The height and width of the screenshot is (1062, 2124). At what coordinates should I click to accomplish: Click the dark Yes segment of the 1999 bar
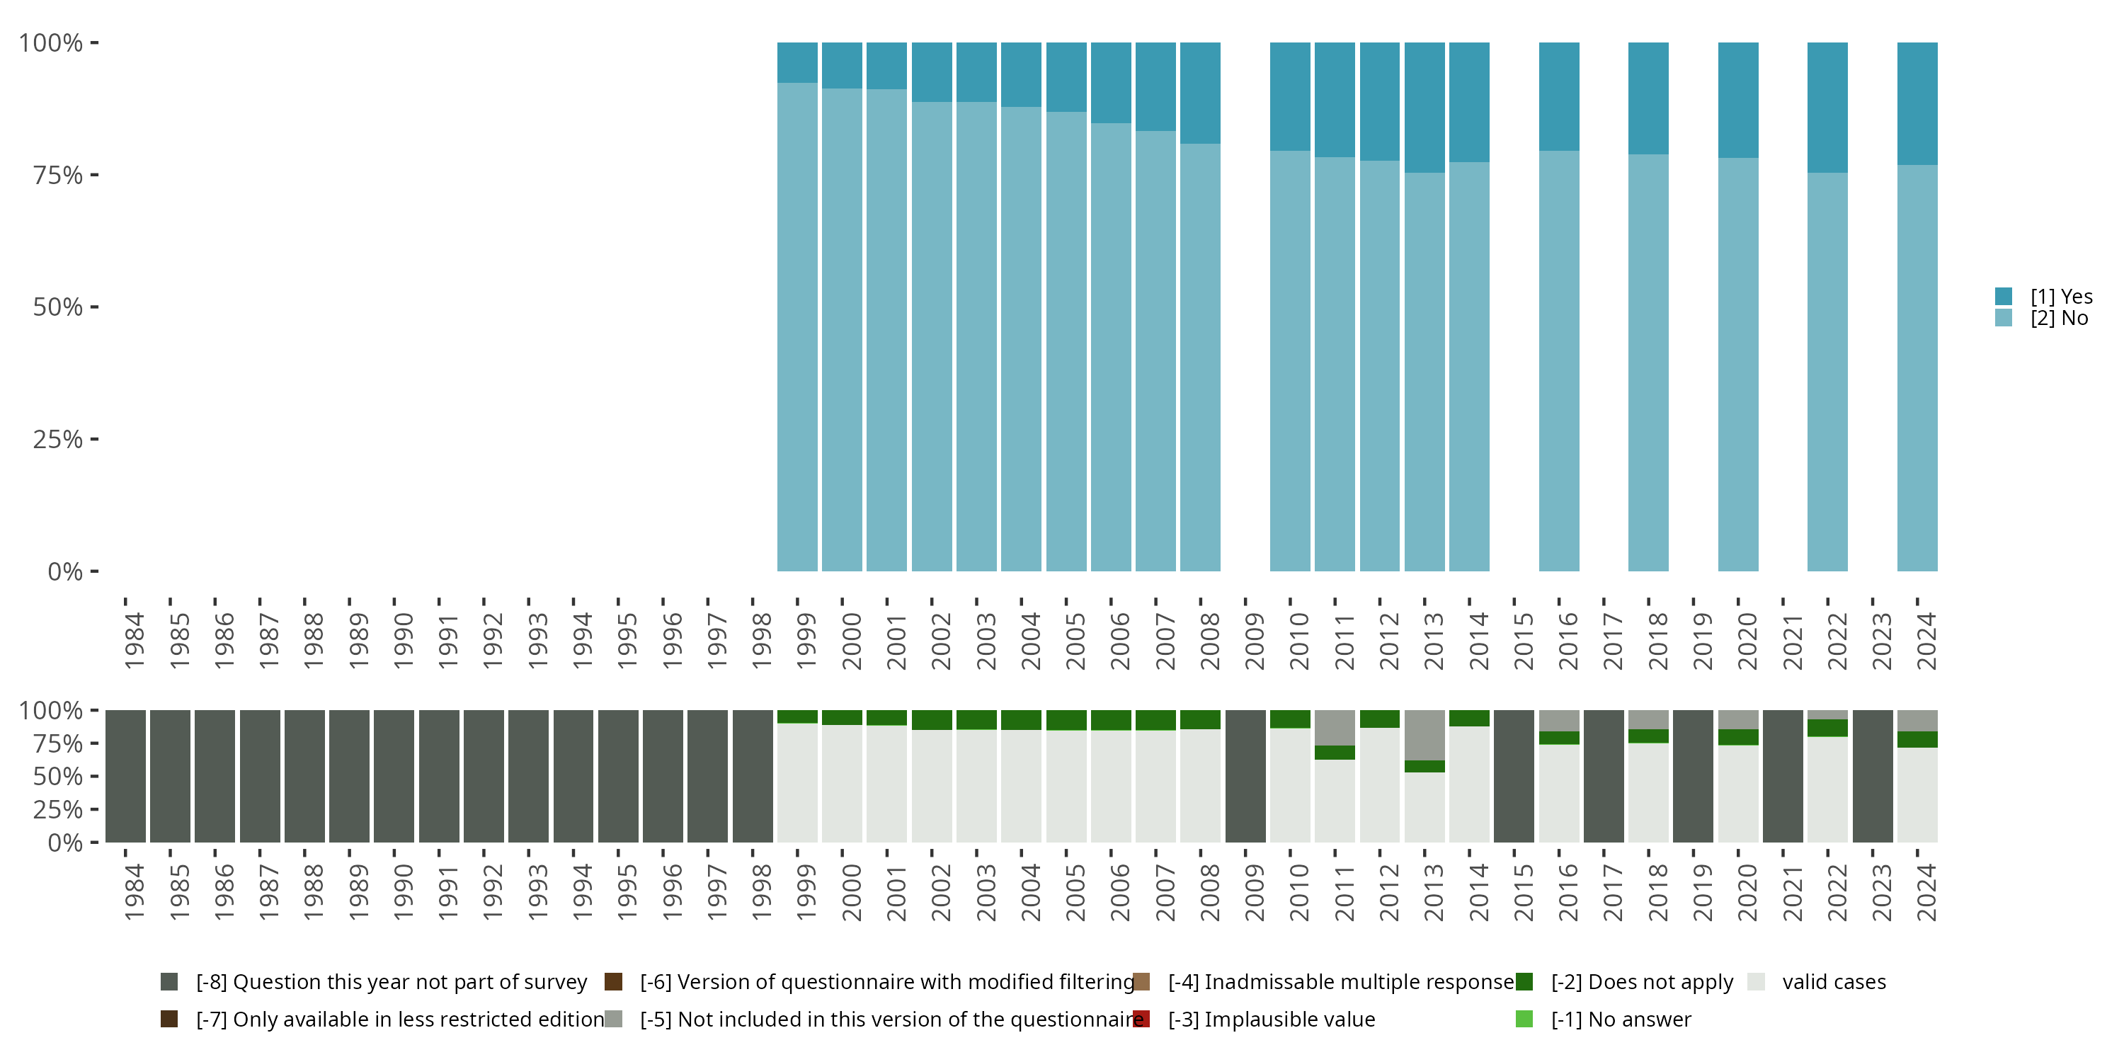click(x=797, y=63)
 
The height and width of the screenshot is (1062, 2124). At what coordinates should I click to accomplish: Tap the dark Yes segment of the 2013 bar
click(x=1424, y=107)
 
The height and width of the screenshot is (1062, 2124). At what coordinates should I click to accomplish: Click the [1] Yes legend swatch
click(x=2004, y=297)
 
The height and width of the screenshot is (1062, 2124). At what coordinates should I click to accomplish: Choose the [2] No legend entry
click(x=2059, y=319)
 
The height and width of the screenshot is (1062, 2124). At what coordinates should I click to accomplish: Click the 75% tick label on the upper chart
click(x=58, y=176)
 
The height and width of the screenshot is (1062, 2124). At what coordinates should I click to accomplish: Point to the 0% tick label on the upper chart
click(x=65, y=571)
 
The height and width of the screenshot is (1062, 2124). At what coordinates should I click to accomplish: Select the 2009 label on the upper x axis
click(x=1254, y=641)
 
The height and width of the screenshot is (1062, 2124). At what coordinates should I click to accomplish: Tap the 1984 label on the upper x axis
click(x=135, y=641)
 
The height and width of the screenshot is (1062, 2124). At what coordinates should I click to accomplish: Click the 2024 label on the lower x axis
click(x=1926, y=892)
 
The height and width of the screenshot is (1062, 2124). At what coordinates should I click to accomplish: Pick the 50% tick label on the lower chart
click(x=58, y=777)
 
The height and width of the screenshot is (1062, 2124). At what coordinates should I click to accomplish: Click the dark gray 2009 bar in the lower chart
click(x=1245, y=776)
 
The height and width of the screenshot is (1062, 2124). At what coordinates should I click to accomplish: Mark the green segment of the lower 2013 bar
click(x=1424, y=766)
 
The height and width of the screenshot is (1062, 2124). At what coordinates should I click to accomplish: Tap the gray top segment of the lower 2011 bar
click(x=1335, y=727)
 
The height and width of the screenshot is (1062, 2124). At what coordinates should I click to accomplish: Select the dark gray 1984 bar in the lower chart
click(x=125, y=776)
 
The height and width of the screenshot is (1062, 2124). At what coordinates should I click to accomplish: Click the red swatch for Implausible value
click(x=1141, y=1019)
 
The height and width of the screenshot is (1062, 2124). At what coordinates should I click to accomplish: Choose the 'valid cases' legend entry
click(x=1834, y=982)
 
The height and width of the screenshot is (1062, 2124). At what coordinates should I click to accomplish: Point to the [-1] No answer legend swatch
click(x=1524, y=1019)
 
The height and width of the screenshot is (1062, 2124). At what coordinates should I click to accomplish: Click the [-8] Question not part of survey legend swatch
click(x=169, y=982)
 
